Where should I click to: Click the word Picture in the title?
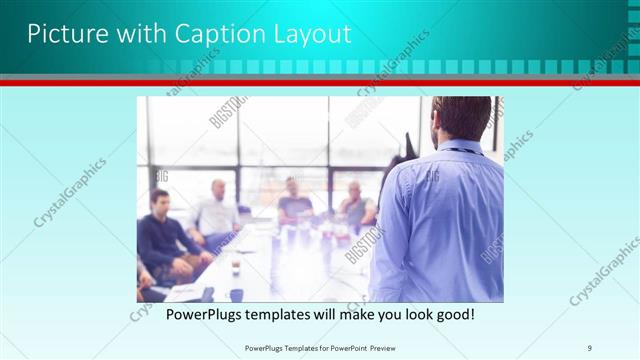pyautogui.click(x=62, y=34)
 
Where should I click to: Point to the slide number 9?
pyautogui.click(x=590, y=347)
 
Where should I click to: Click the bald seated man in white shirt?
pyautogui.click(x=216, y=214)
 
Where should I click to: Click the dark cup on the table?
pyautogui.click(x=237, y=294)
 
